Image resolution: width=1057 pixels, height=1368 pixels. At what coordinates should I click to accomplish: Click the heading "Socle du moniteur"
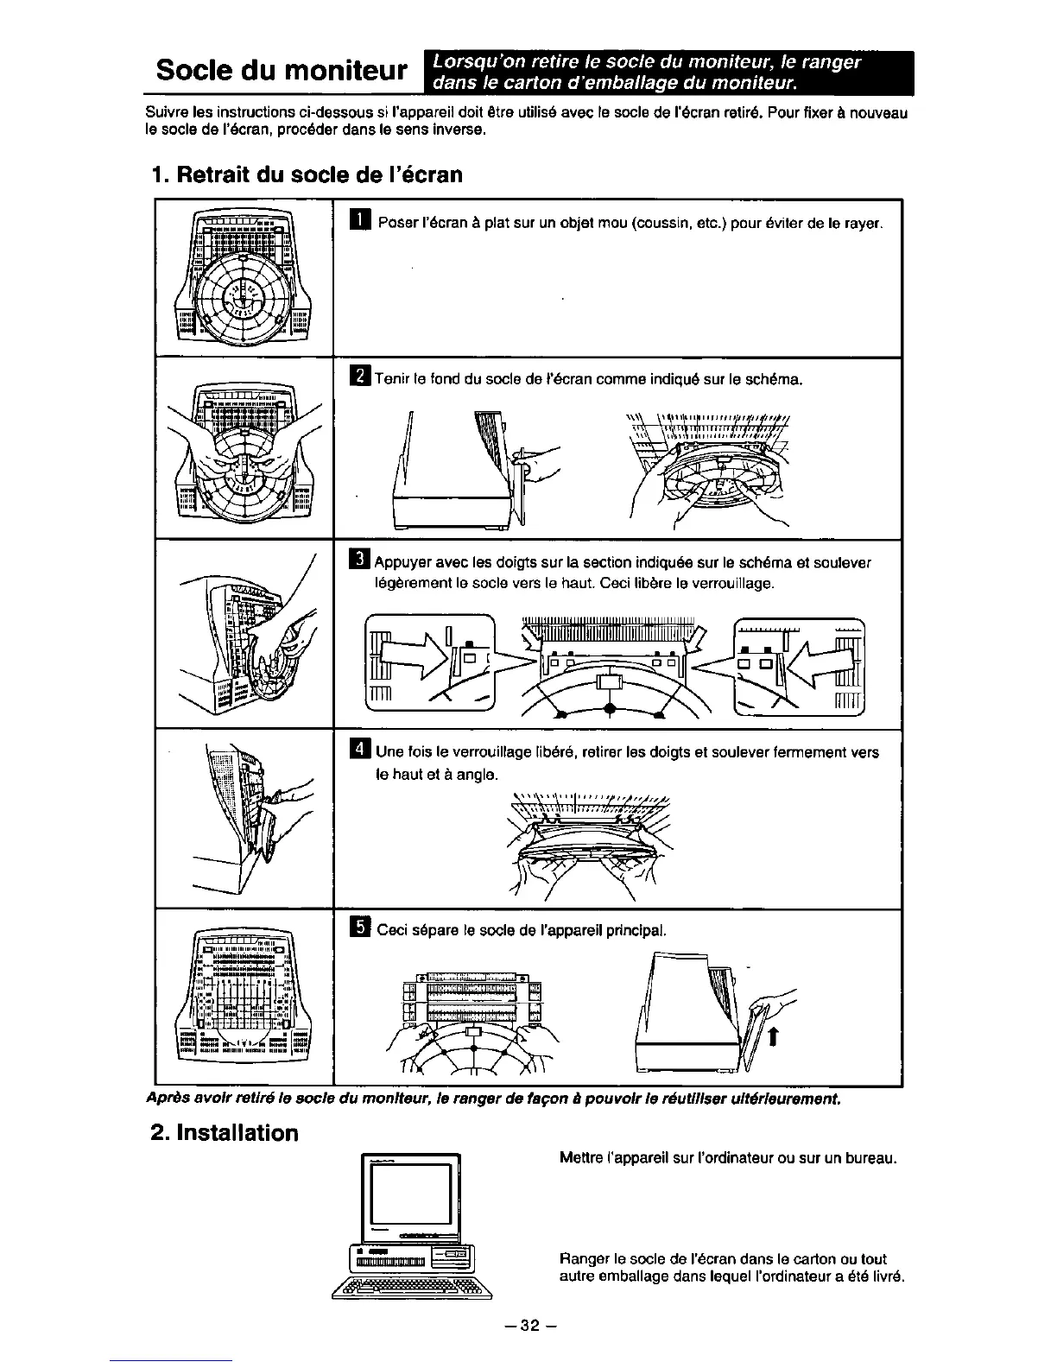pos(282,70)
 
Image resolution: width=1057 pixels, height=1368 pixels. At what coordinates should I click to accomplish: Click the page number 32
pos(528,1326)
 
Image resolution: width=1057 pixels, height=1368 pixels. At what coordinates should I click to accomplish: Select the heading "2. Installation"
pos(224,1132)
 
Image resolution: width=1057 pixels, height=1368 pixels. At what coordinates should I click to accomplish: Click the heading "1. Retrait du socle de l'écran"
pos(307,174)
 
